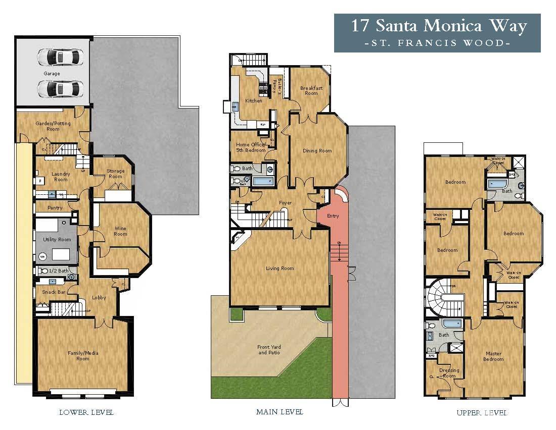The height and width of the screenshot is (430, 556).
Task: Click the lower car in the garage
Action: pyautogui.click(x=59, y=89)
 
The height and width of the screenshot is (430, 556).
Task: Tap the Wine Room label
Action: pyautogui.click(x=120, y=231)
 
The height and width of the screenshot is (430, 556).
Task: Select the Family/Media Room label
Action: pyautogui.click(x=83, y=356)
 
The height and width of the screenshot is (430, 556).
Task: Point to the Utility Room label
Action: pyautogui.click(x=57, y=239)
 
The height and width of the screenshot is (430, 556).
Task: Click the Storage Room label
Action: pyautogui.click(x=115, y=174)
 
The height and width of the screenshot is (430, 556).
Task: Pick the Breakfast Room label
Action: pyautogui.click(x=311, y=90)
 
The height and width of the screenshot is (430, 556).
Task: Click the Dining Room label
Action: pyautogui.click(x=317, y=150)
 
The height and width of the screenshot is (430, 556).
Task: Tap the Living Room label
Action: pyautogui.click(x=280, y=268)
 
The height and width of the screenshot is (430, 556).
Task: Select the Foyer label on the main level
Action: pyautogui.click(x=285, y=203)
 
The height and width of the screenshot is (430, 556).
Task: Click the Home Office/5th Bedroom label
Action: pyautogui.click(x=250, y=147)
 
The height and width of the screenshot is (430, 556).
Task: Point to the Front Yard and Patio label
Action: pyautogui.click(x=269, y=350)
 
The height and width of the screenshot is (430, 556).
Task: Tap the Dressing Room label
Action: pyautogui.click(x=449, y=373)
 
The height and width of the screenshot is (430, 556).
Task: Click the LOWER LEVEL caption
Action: pyautogui.click(x=86, y=412)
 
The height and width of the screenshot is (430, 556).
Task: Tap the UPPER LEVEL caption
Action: pyautogui.click(x=481, y=412)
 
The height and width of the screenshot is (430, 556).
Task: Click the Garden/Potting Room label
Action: pyautogui.click(x=53, y=126)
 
